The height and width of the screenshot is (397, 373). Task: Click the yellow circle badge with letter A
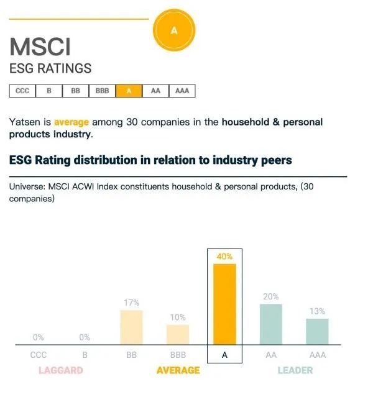point(173,30)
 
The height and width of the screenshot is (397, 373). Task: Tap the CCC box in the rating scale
point(22,91)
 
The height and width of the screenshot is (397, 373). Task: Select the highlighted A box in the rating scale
point(129,91)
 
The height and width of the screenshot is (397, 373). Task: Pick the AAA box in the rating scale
point(182,91)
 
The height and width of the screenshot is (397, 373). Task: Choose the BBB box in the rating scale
point(102,91)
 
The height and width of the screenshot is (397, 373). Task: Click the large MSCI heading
point(40,48)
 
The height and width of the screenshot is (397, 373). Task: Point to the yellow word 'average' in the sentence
point(71,122)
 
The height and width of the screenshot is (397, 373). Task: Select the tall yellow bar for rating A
point(224,304)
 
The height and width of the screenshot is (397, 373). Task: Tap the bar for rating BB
point(131,327)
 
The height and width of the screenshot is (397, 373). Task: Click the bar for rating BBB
point(178,334)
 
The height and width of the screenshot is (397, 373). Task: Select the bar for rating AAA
point(317,332)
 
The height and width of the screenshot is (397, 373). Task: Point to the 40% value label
point(224,256)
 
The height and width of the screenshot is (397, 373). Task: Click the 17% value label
point(131,303)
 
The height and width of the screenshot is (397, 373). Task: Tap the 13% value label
point(317,311)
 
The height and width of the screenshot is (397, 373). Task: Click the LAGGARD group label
point(60,370)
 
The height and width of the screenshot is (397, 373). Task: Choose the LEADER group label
point(295,370)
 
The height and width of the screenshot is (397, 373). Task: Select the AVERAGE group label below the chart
point(178,370)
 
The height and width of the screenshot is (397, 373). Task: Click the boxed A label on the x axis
point(224,355)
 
